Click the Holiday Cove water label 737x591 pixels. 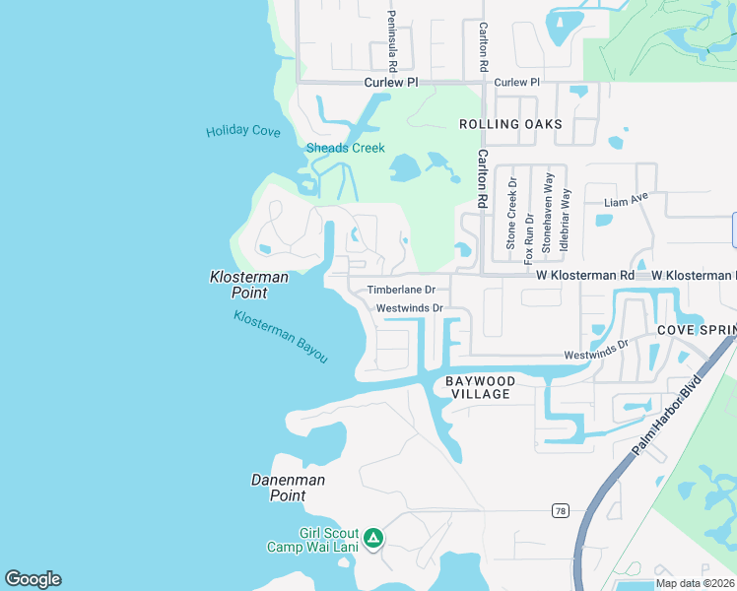(x=242, y=131)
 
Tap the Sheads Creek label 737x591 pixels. (x=345, y=148)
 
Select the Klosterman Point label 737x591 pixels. (x=249, y=285)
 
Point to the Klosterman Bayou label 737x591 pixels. (x=281, y=336)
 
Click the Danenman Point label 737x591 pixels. (x=288, y=488)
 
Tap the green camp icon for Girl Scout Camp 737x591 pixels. (x=373, y=538)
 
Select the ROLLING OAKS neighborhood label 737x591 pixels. (x=510, y=124)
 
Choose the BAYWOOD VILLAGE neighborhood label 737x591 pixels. (x=480, y=387)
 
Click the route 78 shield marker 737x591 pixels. (x=559, y=510)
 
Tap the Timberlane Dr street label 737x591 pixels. (x=401, y=290)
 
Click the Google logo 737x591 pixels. (x=33, y=579)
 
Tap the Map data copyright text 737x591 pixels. (x=695, y=583)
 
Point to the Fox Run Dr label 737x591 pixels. (x=529, y=237)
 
